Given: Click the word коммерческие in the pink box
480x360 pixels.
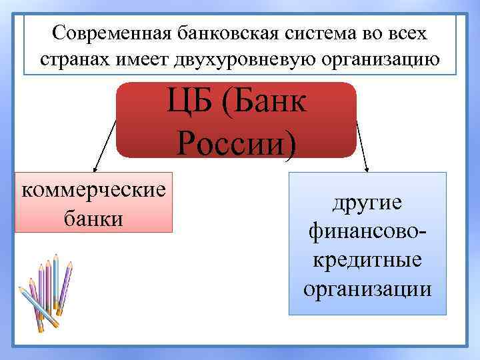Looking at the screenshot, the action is (x=94, y=189).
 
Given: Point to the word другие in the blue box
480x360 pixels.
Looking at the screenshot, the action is (x=367, y=202).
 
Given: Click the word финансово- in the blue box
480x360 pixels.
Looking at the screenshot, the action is (x=367, y=231).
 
